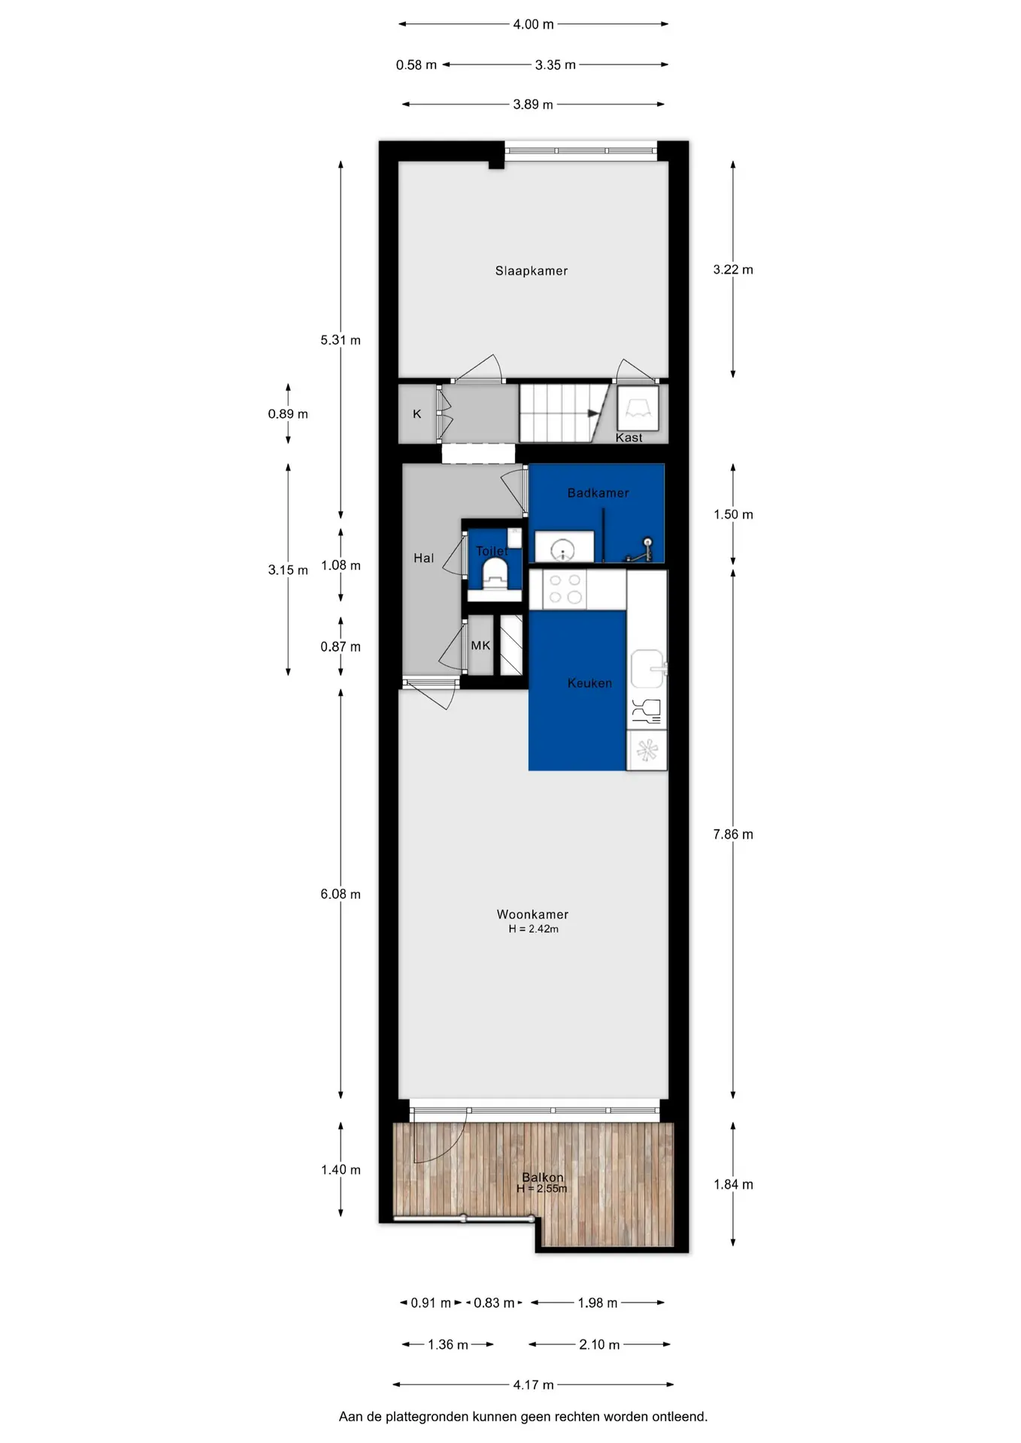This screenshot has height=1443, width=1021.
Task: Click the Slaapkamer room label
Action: pyautogui.click(x=531, y=271)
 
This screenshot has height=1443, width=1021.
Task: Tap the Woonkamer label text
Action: pyautogui.click(x=532, y=914)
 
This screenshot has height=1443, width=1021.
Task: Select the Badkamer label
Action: pyautogui.click(x=598, y=493)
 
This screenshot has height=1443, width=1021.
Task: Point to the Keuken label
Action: pyautogui.click(x=589, y=683)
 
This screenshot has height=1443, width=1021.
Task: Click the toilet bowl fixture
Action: pyautogui.click(x=494, y=576)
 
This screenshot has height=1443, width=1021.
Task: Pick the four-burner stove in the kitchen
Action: pyautogui.click(x=565, y=589)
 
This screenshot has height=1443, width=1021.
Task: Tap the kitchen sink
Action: pyautogui.click(x=647, y=669)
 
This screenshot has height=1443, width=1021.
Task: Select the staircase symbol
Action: pyautogui.click(x=564, y=413)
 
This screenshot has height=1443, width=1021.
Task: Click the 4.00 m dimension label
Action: pyautogui.click(x=533, y=25)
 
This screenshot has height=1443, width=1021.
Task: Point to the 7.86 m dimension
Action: pyautogui.click(x=733, y=834)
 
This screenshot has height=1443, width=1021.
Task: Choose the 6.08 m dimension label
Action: pyautogui.click(x=341, y=894)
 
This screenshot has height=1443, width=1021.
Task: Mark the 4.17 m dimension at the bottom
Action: pyautogui.click(x=533, y=1384)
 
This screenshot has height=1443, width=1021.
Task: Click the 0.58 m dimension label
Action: pyautogui.click(x=416, y=65)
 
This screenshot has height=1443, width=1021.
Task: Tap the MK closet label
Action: pyautogui.click(x=480, y=646)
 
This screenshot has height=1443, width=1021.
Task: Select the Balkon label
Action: pyautogui.click(x=543, y=1178)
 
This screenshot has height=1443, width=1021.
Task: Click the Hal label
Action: pyautogui.click(x=423, y=558)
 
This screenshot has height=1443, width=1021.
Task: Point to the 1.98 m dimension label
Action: pyautogui.click(x=598, y=1302)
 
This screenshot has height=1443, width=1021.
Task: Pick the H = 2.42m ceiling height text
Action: pyautogui.click(x=533, y=929)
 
